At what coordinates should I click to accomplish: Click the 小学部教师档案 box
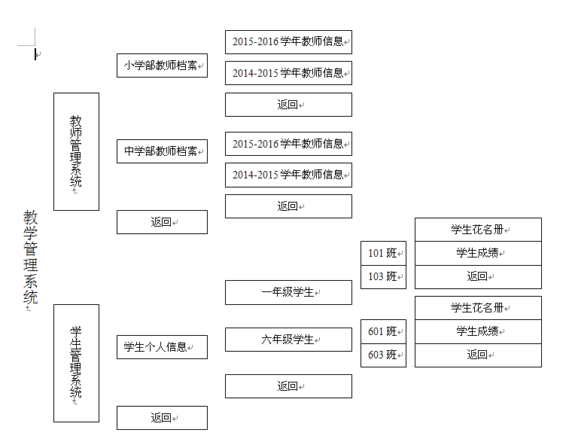(x=162, y=66)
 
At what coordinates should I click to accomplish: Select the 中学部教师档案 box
(x=162, y=151)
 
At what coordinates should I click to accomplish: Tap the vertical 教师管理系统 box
(x=76, y=151)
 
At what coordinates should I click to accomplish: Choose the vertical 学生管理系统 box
(x=76, y=363)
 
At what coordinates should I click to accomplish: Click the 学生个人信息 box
(x=162, y=347)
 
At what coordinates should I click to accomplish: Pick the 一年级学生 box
(x=288, y=292)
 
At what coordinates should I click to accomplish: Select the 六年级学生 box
(x=288, y=340)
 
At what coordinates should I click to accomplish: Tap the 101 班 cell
(x=383, y=253)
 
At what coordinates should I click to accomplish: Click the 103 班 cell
(x=383, y=277)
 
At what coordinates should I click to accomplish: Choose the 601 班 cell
(x=383, y=331)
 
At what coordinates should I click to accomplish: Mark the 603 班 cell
(x=383, y=355)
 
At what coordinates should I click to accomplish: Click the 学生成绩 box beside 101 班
(x=478, y=253)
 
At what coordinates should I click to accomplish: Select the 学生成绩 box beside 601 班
(x=478, y=331)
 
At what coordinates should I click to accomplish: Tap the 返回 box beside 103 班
(x=478, y=277)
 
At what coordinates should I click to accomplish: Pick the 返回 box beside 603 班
(x=478, y=355)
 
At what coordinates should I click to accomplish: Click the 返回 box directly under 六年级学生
(x=288, y=386)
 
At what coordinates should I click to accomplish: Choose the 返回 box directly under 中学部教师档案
(x=162, y=222)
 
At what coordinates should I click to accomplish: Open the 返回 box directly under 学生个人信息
(x=162, y=418)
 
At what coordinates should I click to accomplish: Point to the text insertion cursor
(x=35, y=54)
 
